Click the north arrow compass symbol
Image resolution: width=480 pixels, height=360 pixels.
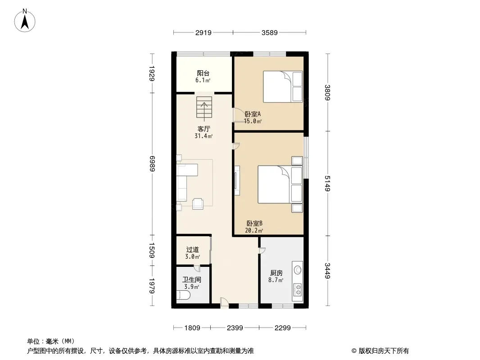[x=25, y=21]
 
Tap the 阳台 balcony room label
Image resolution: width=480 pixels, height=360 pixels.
[x=203, y=73]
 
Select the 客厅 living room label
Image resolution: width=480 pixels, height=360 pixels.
[x=204, y=129]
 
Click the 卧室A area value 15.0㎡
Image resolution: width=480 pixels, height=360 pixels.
[x=253, y=121]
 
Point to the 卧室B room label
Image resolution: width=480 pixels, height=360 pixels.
[x=254, y=224]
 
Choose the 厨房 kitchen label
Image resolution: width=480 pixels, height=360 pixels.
[x=276, y=273]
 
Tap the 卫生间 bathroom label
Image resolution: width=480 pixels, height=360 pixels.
[x=192, y=279]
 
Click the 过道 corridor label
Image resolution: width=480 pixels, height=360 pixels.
[x=193, y=250]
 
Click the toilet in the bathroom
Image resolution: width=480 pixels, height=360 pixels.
[x=183, y=296]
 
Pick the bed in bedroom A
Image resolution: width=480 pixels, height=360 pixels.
[x=283, y=86]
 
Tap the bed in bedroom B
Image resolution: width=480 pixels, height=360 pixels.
[x=280, y=184]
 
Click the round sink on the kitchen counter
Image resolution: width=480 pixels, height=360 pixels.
[x=298, y=270]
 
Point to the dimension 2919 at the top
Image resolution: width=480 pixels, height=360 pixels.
[x=203, y=32]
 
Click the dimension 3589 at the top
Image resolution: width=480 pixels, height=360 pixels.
[x=269, y=32]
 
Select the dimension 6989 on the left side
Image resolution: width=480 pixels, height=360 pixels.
[x=152, y=164]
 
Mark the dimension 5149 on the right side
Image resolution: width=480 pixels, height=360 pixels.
[x=327, y=184]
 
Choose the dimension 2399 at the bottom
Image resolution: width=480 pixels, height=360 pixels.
[x=235, y=328]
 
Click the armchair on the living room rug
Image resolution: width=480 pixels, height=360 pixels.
[x=198, y=204]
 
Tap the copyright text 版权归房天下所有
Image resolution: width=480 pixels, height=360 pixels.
[x=384, y=351]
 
